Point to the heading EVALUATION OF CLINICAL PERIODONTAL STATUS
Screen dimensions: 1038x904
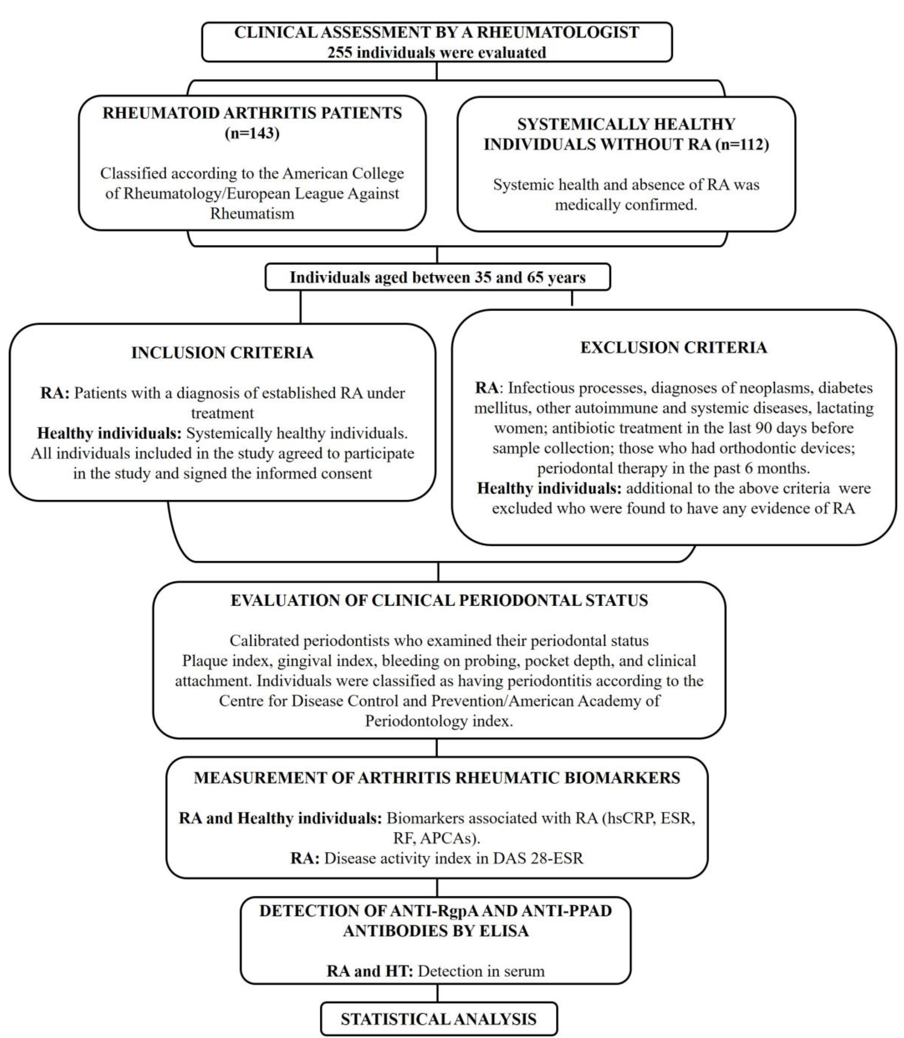click(x=439, y=600)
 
